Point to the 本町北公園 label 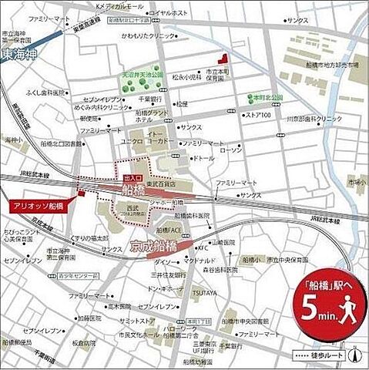coord(267,98)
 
